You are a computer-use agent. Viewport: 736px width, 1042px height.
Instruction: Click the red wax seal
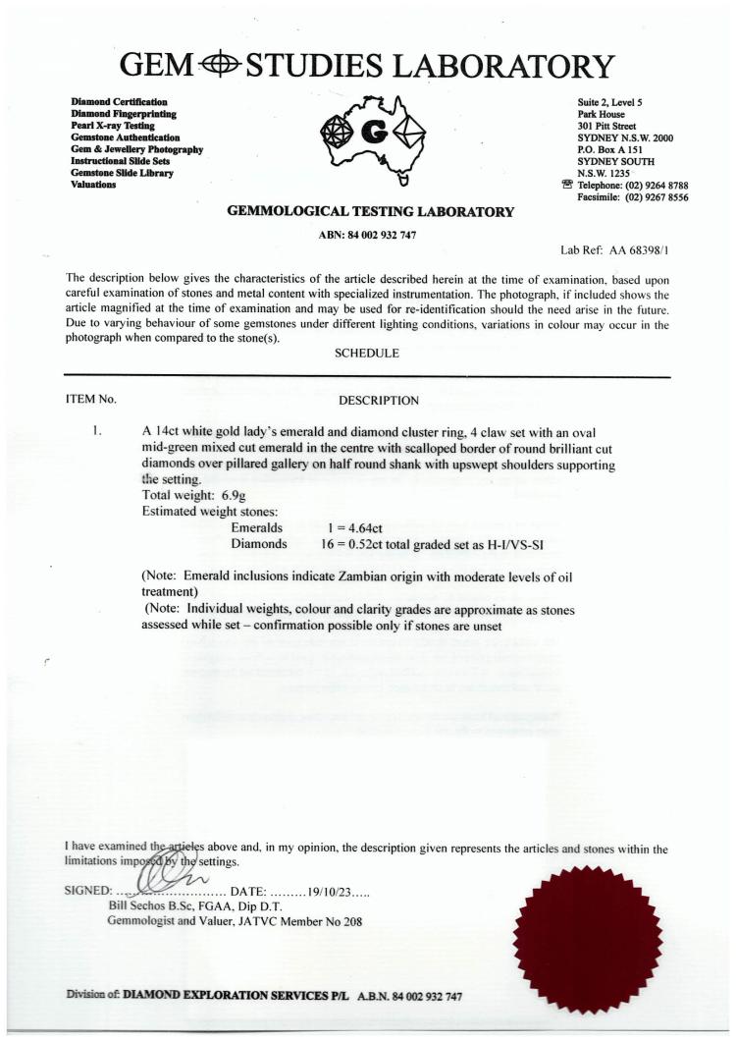589,924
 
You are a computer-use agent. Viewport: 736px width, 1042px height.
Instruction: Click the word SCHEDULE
367,354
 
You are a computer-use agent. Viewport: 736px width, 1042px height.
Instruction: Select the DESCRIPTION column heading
379,400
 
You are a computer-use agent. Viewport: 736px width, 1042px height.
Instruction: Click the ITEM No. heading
90,400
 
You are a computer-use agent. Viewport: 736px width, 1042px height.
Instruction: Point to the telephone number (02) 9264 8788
647,185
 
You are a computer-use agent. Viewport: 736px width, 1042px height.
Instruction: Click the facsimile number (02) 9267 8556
647,196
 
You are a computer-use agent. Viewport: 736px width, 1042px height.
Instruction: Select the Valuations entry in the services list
94,185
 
